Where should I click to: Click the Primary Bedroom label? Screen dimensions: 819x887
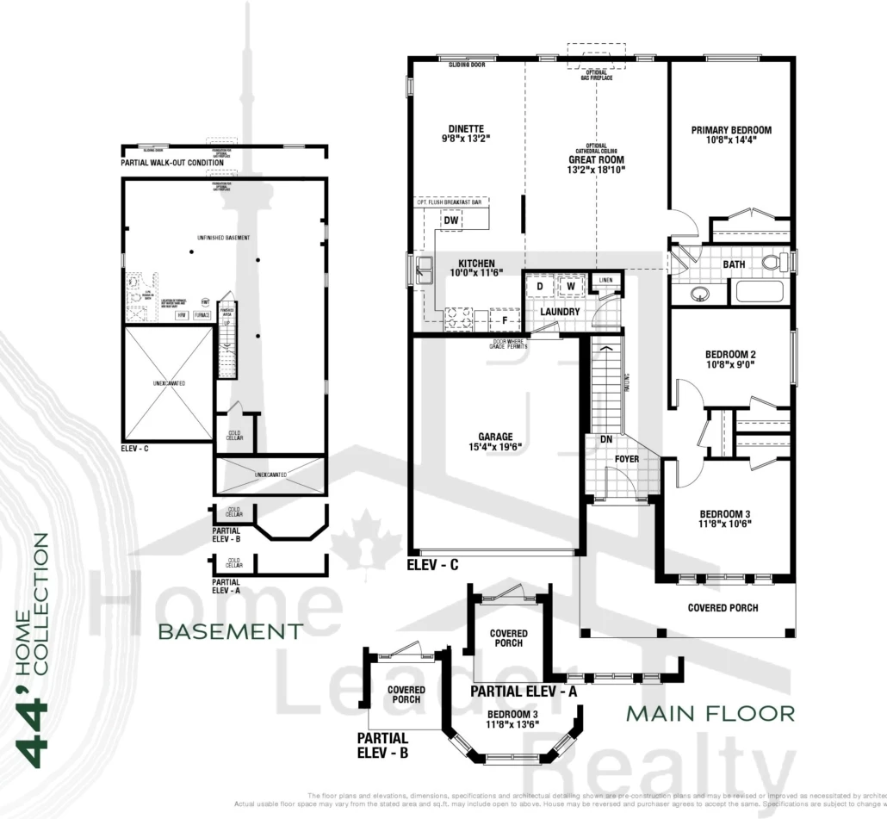click(731, 130)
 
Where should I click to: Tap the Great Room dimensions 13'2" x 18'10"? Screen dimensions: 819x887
click(596, 171)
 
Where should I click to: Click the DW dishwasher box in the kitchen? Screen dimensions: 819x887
click(451, 220)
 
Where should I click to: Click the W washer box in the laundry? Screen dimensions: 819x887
click(569, 286)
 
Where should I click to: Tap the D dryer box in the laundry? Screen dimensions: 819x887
click(539, 286)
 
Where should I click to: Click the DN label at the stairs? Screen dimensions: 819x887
click(606, 439)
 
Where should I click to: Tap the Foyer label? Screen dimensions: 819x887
click(626, 459)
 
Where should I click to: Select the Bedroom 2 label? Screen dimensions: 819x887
click(730, 354)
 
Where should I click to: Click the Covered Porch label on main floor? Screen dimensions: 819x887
click(723, 608)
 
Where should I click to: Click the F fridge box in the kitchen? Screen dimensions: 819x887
click(505, 321)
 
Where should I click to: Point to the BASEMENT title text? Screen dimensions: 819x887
click(230, 632)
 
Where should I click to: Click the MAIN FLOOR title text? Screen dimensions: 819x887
click(710, 713)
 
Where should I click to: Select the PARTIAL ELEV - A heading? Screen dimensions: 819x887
click(523, 692)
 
